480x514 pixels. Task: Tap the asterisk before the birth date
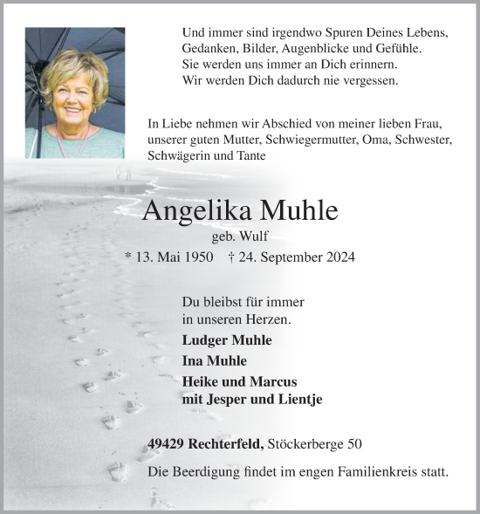coord(129,257)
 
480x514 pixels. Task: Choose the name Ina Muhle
coord(215,360)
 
